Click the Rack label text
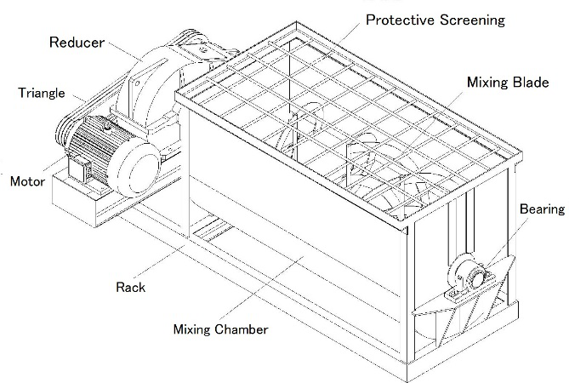(x=130, y=287)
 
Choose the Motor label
(x=26, y=181)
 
